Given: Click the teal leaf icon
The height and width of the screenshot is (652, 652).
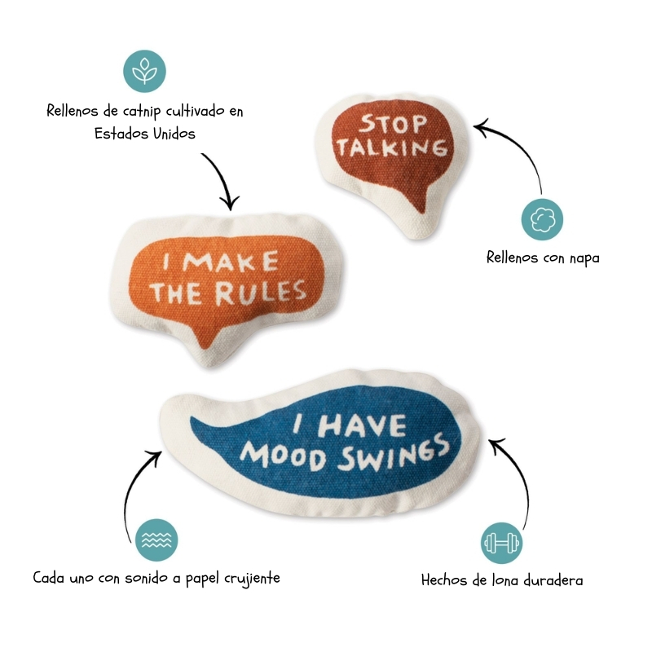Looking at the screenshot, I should click(145, 71).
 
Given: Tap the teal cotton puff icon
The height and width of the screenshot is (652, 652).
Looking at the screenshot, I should click(542, 219).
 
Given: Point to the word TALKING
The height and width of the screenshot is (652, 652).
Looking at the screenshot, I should click(393, 148).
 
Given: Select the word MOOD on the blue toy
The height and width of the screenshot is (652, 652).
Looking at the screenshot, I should click(278, 454).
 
